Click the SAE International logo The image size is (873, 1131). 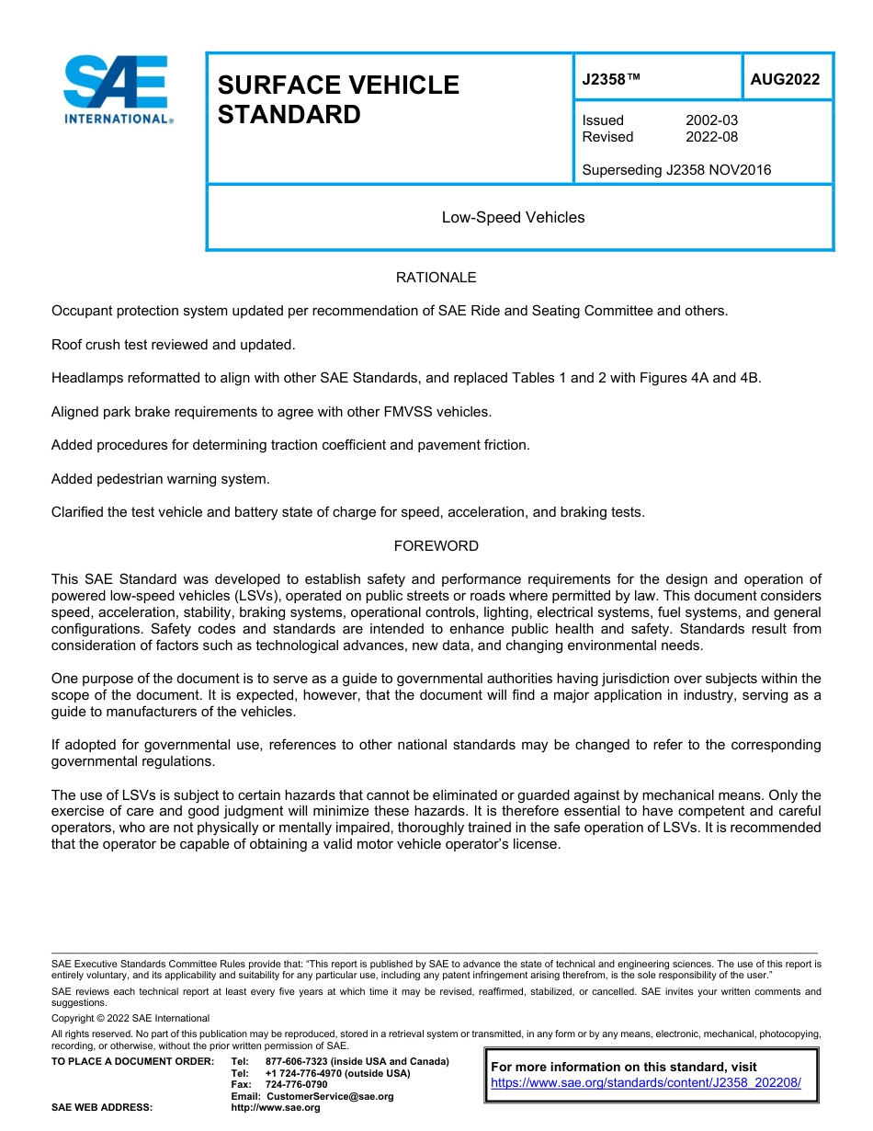click(x=116, y=89)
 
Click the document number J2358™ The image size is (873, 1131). click(x=611, y=79)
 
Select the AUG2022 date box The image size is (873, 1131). click(x=785, y=79)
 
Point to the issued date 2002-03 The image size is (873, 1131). click(x=711, y=120)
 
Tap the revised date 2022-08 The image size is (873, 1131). click(x=711, y=137)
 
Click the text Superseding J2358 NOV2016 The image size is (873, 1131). click(x=676, y=169)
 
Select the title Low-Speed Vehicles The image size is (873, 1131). click(x=513, y=217)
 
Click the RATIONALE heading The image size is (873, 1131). click(x=436, y=277)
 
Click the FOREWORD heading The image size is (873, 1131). click(x=436, y=545)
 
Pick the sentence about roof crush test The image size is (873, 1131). click(x=174, y=344)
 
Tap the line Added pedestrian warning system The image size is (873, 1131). click(x=161, y=478)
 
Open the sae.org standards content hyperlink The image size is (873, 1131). click(x=646, y=1082)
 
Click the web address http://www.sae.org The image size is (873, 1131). click(x=276, y=1107)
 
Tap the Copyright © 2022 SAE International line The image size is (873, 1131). click(x=130, y=1018)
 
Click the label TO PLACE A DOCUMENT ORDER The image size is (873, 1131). click(x=132, y=1061)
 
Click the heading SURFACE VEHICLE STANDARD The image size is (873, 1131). click(x=338, y=99)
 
